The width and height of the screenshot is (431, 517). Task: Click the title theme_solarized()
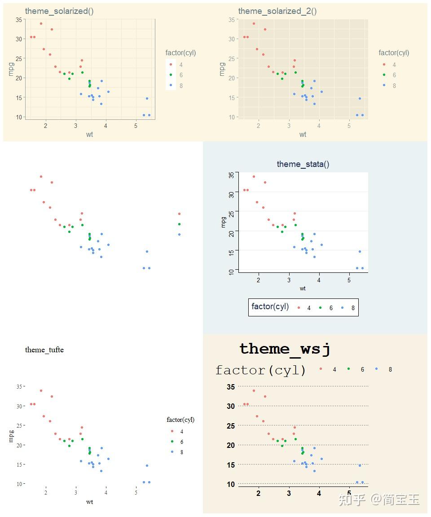tap(59, 11)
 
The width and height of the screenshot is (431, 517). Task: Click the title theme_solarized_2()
tap(277, 11)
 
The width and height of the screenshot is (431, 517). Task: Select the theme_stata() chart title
tap(303, 164)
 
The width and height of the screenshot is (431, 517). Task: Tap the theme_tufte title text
tap(44, 350)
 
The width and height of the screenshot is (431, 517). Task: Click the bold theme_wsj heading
tap(285, 349)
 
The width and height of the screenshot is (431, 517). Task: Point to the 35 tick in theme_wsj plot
tap(231, 387)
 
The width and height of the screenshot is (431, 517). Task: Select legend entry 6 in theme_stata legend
tap(328, 308)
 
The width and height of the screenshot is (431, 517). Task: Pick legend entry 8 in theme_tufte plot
tap(178, 452)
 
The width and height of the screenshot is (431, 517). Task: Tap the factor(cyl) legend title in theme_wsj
tap(261, 370)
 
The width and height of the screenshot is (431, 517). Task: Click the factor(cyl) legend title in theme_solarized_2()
tap(394, 53)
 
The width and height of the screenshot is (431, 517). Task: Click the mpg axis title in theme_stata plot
tap(223, 222)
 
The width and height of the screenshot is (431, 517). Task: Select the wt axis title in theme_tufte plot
tap(90, 502)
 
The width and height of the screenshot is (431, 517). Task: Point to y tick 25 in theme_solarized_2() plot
tap(231, 58)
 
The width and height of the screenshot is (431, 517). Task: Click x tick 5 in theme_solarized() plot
tap(136, 126)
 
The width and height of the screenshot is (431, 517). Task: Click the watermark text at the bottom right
tap(379, 499)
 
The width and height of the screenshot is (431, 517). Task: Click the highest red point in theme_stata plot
tap(254, 176)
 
